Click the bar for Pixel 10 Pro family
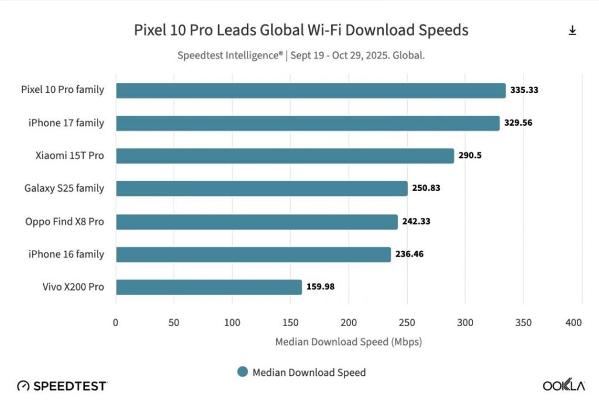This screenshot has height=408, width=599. tap(311, 91)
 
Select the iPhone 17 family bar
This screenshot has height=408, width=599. tap(308, 123)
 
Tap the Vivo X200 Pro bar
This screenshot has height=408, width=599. tap(209, 287)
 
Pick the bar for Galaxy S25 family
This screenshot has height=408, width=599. tap(261, 188)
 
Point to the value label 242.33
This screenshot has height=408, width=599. tap(416, 222)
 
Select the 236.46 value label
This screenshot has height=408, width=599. tap(410, 254)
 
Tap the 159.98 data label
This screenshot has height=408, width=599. tap(321, 287)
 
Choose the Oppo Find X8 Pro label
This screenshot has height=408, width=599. tap(64, 222)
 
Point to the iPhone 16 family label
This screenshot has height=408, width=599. tap(66, 254)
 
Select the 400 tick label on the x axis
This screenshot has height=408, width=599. tap(574, 323)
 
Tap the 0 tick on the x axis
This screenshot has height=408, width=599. tap(116, 323)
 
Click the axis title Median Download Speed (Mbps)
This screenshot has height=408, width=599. tap(349, 342)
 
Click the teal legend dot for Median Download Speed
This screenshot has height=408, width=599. tap(243, 372)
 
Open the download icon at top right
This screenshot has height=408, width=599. tap(572, 30)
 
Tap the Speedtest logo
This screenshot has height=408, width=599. tap(62, 386)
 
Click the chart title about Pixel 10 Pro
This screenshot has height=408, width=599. tap(301, 30)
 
